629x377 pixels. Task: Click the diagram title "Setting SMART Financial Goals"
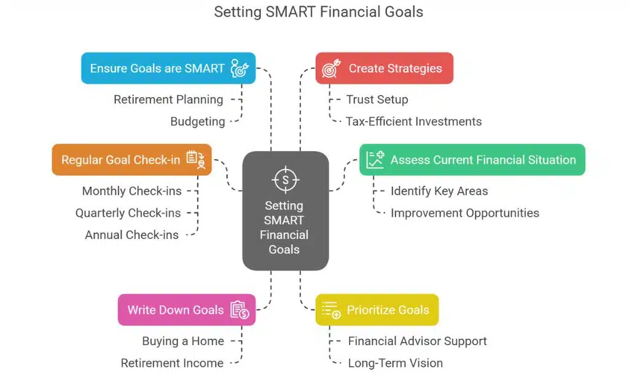(x=318, y=12)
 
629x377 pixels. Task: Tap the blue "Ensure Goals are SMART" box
(x=168, y=68)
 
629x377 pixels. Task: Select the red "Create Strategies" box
(x=385, y=68)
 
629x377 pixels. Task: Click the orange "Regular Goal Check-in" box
(x=131, y=160)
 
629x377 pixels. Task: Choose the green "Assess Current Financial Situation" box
(x=472, y=160)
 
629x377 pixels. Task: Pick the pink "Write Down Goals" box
(x=187, y=309)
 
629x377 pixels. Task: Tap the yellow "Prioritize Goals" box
(x=377, y=309)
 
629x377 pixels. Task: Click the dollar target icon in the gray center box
(x=285, y=180)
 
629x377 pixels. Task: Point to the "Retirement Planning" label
(x=168, y=99)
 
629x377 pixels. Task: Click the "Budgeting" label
(x=197, y=122)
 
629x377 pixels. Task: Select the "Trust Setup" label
(x=377, y=99)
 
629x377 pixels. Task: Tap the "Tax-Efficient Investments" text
(x=413, y=122)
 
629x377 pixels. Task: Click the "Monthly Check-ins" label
(x=131, y=191)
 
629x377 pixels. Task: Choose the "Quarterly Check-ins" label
(x=128, y=213)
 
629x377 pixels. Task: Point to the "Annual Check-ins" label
(x=131, y=235)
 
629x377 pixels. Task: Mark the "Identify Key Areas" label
(x=439, y=191)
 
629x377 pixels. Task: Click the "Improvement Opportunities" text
(x=464, y=213)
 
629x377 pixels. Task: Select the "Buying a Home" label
(x=183, y=341)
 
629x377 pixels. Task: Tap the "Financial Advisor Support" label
(x=417, y=341)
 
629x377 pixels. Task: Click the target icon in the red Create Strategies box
(x=330, y=68)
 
